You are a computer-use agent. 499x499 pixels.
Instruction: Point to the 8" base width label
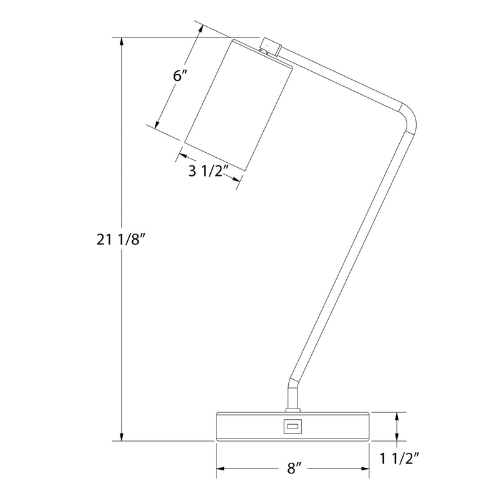(294, 468)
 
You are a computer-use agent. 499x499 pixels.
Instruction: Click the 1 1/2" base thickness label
(400, 458)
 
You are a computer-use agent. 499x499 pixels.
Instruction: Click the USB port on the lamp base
(291, 425)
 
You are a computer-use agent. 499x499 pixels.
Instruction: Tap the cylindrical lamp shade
(238, 105)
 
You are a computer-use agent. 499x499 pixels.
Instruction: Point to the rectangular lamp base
(293, 427)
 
